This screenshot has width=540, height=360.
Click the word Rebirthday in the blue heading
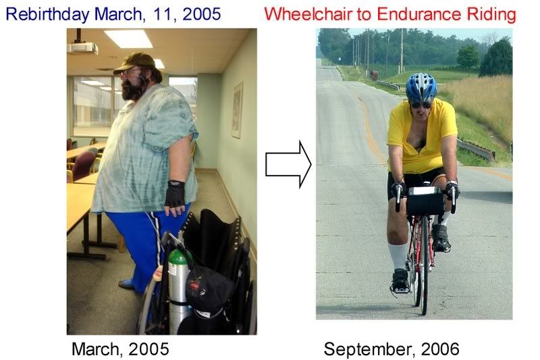[x=47, y=14]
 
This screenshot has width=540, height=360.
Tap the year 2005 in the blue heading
[x=201, y=14]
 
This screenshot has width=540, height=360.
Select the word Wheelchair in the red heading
[x=308, y=14]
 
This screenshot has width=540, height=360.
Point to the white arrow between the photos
[x=288, y=165]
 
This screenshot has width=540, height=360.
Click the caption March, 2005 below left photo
[x=120, y=349]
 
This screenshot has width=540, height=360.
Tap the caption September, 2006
[x=391, y=349]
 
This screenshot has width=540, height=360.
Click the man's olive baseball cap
[x=134, y=62]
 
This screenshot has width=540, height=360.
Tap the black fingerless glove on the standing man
[x=175, y=194]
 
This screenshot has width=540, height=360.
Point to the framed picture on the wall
[x=238, y=110]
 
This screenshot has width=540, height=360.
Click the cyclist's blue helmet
[x=421, y=88]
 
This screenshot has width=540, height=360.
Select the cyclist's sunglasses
[x=421, y=105]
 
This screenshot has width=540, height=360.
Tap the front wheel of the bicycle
[x=425, y=265]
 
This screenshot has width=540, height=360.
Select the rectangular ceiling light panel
[x=128, y=38]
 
